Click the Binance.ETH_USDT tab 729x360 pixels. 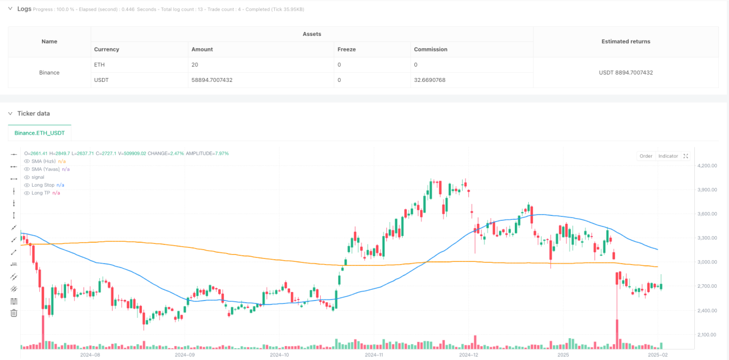39,133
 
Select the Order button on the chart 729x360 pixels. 645,156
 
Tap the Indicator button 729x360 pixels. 668,156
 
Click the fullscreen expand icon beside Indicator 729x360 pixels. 686,156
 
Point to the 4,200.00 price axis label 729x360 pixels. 707,165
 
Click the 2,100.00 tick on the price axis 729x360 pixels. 707,335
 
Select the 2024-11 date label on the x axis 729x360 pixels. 373,355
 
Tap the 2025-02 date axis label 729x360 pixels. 657,355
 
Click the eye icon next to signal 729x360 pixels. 27,177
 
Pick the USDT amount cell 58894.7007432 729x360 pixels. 212,80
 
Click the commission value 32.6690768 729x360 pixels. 430,80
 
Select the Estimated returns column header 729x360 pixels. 625,41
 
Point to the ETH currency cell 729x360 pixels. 99,65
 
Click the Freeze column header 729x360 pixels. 347,49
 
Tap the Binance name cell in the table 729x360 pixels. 49,72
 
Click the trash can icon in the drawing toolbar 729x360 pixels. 13,313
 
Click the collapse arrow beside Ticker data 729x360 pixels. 11,114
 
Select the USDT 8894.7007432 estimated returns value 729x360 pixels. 625,72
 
